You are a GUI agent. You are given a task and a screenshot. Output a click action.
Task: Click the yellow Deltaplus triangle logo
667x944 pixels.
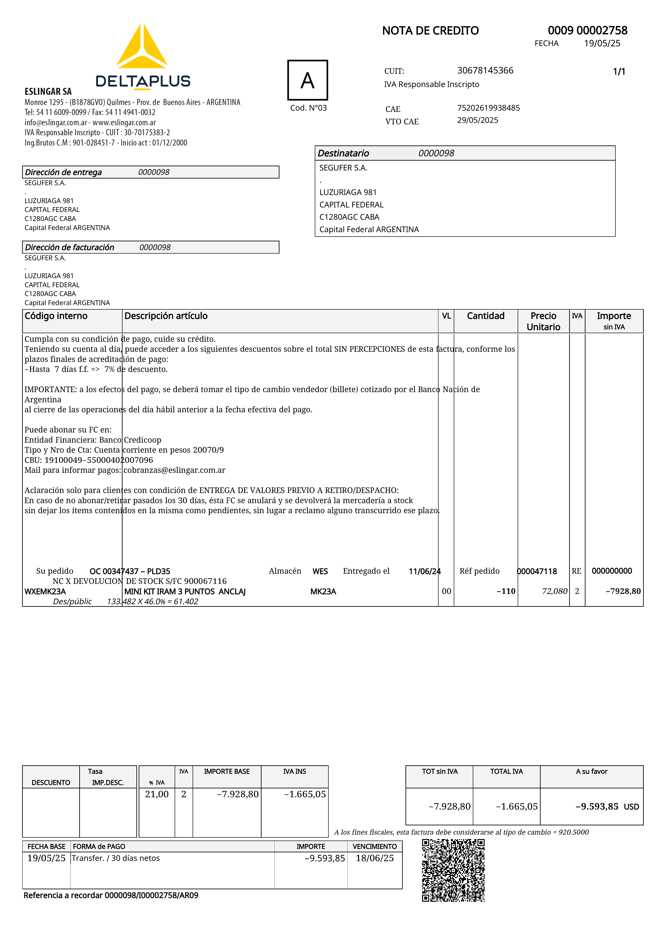click(142, 47)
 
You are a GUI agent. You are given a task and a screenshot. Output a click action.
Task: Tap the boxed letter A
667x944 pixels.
click(308, 80)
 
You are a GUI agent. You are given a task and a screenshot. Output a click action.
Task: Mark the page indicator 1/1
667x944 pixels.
click(619, 72)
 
